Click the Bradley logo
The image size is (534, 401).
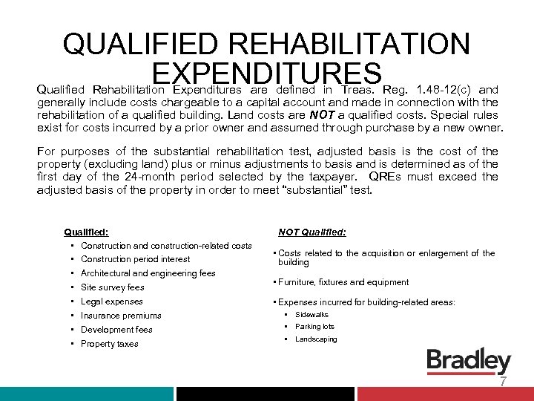click(x=469, y=362)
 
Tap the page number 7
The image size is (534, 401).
click(x=503, y=382)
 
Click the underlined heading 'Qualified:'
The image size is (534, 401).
click(x=86, y=232)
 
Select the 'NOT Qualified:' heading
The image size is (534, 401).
click(x=311, y=232)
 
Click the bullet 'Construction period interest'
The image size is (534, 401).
click(x=135, y=259)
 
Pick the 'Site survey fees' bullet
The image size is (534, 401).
click(x=112, y=287)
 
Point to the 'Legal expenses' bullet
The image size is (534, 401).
click(x=111, y=301)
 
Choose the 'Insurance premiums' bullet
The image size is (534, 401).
click(x=120, y=316)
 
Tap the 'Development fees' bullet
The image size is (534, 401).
click(x=116, y=330)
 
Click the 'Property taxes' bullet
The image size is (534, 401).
click(x=109, y=344)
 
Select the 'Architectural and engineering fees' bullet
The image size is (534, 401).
click(x=148, y=273)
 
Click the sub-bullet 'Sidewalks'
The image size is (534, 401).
click(x=311, y=315)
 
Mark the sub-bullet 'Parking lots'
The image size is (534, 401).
click(x=314, y=327)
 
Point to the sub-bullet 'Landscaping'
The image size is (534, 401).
click(x=316, y=339)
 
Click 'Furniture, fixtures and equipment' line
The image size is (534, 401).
click(x=343, y=282)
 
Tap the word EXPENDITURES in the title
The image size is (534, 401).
click(x=266, y=74)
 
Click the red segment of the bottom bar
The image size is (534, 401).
click(x=445, y=394)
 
